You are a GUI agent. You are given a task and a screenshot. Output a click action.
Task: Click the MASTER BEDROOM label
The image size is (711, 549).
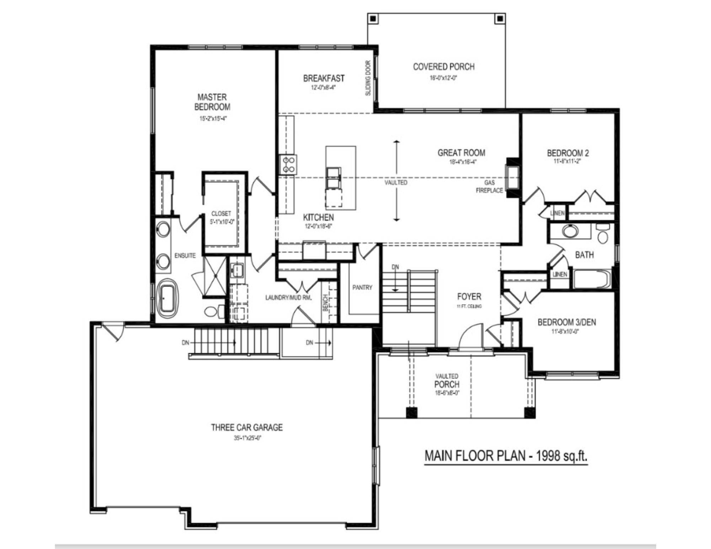(x=212, y=102)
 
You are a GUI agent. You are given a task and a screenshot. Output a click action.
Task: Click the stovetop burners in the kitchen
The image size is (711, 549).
(x=288, y=165)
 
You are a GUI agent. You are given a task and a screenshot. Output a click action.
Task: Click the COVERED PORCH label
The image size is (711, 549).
(x=444, y=67)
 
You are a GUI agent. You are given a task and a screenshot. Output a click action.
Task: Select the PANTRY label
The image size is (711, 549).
(x=362, y=287)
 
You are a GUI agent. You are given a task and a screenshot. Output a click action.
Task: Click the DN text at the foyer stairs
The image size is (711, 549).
(x=395, y=267)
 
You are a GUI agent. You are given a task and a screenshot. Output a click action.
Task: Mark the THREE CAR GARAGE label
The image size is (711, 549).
(x=247, y=427)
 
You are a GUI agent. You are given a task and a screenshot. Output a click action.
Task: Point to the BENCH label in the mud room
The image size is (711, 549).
(x=325, y=303)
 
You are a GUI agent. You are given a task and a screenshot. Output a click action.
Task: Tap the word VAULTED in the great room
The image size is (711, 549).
(x=396, y=183)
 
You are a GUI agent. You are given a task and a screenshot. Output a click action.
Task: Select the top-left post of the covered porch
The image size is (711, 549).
(x=373, y=18)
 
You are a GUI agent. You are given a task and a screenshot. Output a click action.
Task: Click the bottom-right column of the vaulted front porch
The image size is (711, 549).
(x=530, y=413)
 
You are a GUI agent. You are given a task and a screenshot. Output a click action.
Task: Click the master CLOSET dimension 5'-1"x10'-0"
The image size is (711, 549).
(x=221, y=222)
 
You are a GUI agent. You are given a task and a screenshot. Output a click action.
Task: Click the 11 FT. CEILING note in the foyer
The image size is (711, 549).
(x=469, y=306)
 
